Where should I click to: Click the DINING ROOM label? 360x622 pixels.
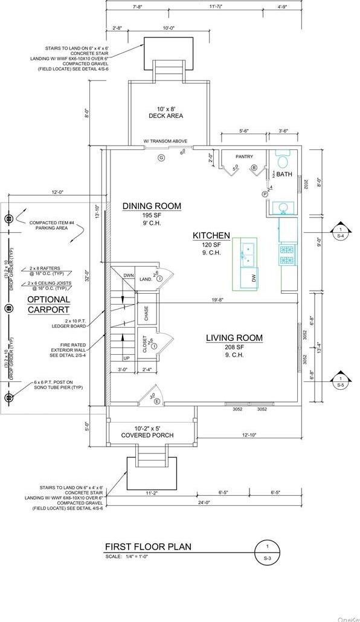point(152,206)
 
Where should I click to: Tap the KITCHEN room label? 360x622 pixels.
point(211,235)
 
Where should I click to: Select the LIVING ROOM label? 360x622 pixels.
point(234,338)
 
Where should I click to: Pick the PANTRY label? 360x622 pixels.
point(244,157)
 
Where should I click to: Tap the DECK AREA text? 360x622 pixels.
point(166,115)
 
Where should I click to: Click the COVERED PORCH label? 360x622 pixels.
point(147,435)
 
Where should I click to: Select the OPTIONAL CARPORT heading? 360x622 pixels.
point(48,305)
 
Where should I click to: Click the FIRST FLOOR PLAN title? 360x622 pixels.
point(148,547)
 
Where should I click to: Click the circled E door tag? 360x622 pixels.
point(158,401)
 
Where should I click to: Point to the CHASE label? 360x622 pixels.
point(146,313)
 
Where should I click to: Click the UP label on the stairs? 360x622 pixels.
point(126,358)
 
